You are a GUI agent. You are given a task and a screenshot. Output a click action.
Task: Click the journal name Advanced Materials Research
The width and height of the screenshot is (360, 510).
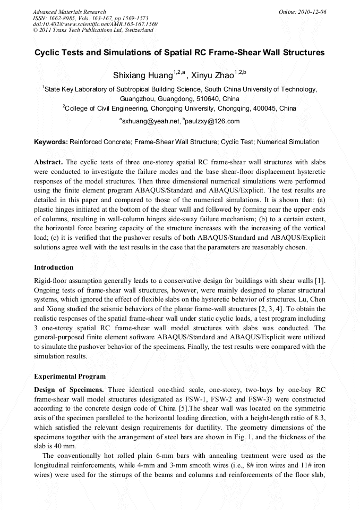(x=69, y=12)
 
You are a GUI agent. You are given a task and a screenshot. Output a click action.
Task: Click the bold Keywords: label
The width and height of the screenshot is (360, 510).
(x=50, y=143)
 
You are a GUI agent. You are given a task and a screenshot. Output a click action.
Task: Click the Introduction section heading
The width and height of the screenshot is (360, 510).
(x=54, y=267)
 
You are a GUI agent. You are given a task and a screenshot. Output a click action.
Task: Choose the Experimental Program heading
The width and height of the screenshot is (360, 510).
(x=70, y=377)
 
